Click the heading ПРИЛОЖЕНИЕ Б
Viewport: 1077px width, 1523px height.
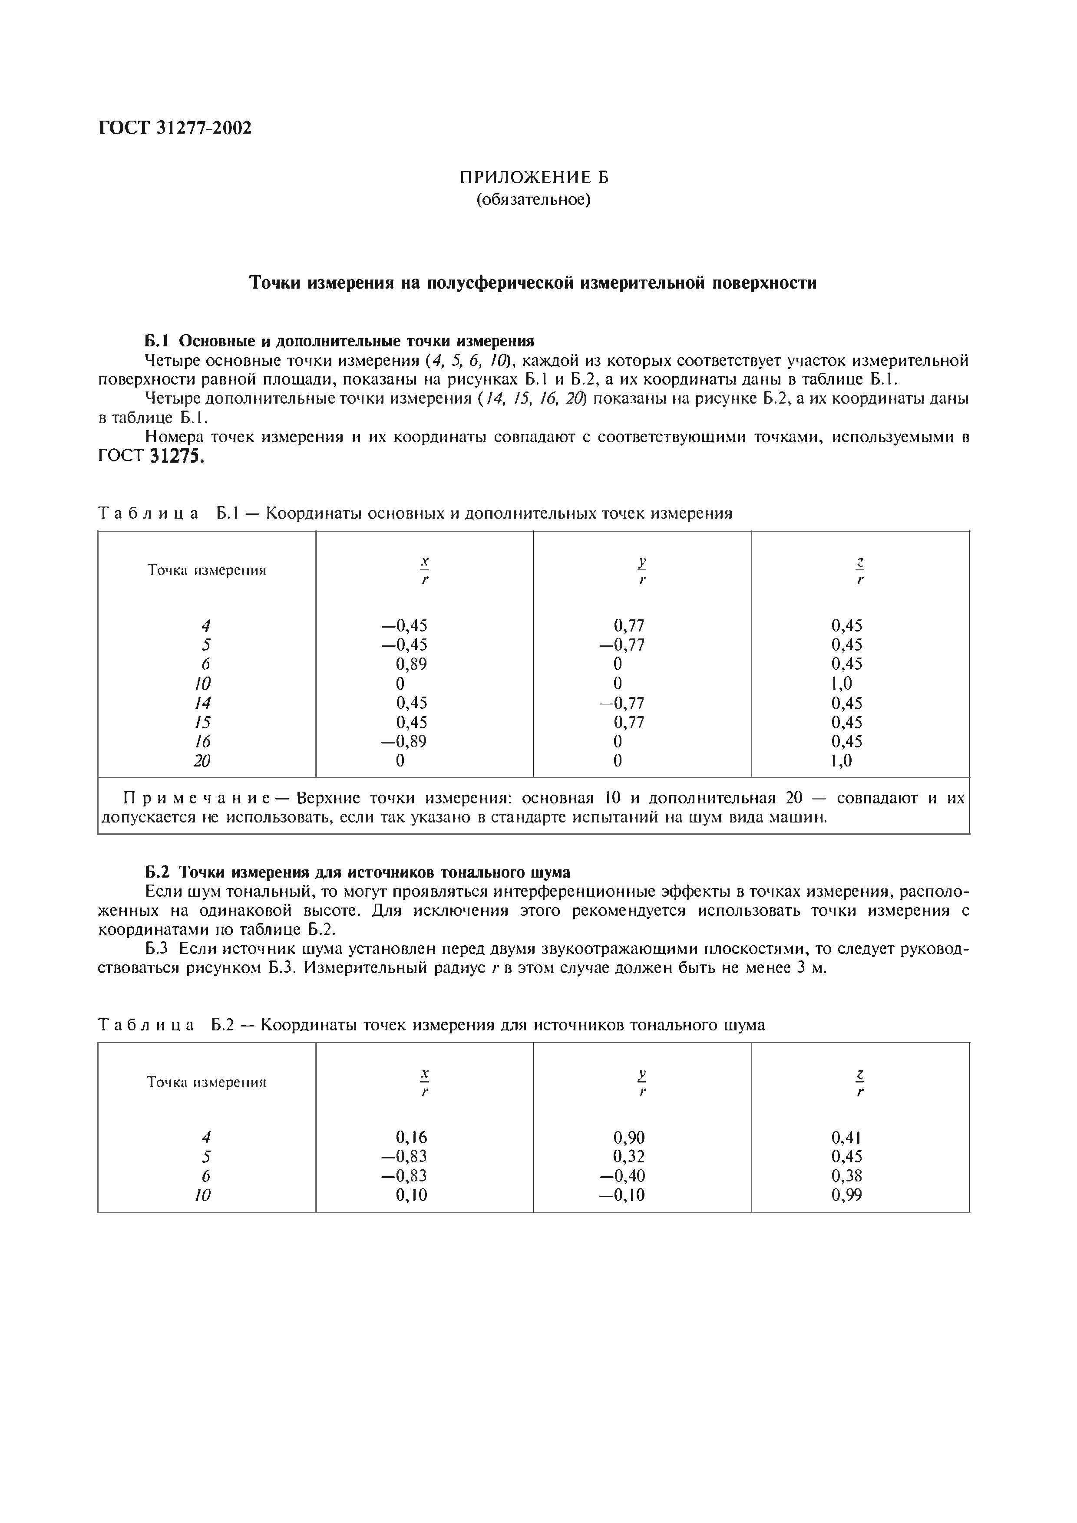click(x=534, y=178)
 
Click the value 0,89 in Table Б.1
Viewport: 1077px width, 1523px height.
click(x=411, y=664)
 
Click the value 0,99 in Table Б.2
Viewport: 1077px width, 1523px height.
click(x=847, y=1195)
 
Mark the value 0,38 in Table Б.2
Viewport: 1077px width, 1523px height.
click(x=847, y=1176)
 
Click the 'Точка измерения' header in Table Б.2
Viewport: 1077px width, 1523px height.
click(x=206, y=1082)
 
